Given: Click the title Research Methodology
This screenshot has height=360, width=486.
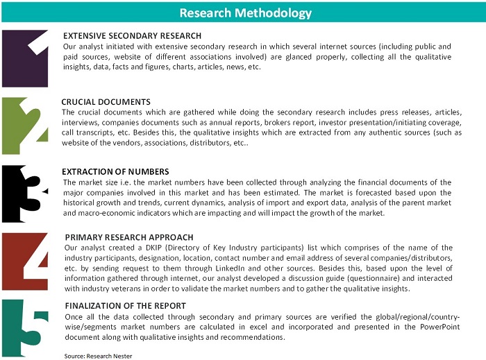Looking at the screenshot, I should tap(245, 13).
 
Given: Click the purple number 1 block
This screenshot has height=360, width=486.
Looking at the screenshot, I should tap(24, 58).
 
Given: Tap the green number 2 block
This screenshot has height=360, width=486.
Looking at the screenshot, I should tap(24, 126).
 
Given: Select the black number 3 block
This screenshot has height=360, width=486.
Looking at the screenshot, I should tap(24, 194).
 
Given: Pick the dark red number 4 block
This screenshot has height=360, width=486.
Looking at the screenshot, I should tap(24, 261).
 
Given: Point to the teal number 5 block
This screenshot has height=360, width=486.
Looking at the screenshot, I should tap(24, 327).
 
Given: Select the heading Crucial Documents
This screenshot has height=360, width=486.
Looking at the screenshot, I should tap(106, 102).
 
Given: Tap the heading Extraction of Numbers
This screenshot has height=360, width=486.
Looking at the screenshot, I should tap(115, 171).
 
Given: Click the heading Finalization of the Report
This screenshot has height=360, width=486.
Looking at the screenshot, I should tap(125, 305).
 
